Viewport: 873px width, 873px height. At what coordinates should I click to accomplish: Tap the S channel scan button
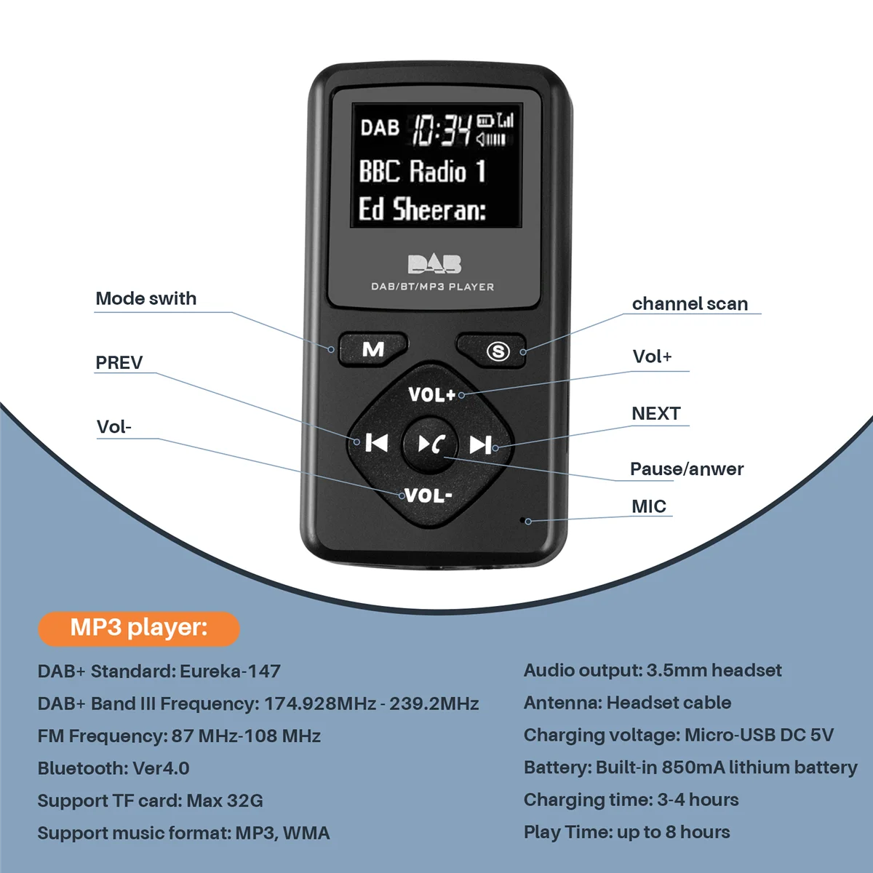pyautogui.click(x=498, y=351)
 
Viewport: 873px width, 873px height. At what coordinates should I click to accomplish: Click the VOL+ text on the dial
pyautogui.click(x=431, y=395)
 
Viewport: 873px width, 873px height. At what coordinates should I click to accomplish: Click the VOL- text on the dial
pyautogui.click(x=428, y=496)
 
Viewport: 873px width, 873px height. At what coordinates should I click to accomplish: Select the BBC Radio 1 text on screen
pyautogui.click(x=422, y=172)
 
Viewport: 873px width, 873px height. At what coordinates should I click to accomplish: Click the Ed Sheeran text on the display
pyautogui.click(x=422, y=210)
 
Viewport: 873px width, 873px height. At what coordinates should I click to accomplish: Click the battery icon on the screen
pyautogui.click(x=485, y=121)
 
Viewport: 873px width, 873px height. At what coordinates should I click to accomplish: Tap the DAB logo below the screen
pyautogui.click(x=434, y=264)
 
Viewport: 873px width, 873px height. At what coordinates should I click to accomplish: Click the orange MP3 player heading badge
pyautogui.click(x=139, y=629)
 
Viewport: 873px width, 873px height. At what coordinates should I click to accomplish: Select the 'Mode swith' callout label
pyautogui.click(x=146, y=299)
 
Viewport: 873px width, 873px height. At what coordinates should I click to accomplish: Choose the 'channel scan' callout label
pyautogui.click(x=690, y=304)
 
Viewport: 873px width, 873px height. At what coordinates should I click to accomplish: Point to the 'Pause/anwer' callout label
pyautogui.click(x=687, y=469)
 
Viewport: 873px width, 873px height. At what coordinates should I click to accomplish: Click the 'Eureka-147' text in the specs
pyautogui.click(x=230, y=671)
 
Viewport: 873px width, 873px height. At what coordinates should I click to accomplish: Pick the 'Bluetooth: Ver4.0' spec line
pyautogui.click(x=113, y=768)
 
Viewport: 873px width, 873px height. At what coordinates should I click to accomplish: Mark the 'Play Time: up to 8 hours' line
pyautogui.click(x=626, y=832)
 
